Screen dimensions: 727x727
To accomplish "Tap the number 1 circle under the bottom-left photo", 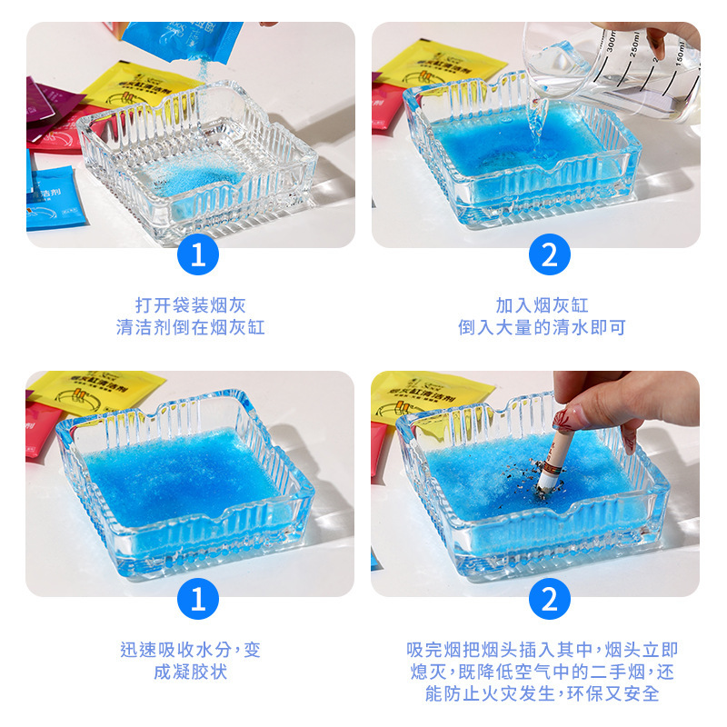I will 198,600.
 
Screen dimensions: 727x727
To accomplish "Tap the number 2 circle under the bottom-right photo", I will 549,600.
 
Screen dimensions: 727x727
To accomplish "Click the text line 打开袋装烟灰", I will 191,305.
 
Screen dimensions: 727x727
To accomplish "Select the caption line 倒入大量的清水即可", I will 542,327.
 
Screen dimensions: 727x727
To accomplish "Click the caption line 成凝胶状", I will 191,672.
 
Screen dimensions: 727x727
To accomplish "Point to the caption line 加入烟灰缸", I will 542,305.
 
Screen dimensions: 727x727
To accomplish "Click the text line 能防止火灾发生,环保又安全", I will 542,694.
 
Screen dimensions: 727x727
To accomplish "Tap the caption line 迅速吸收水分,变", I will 191,651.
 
